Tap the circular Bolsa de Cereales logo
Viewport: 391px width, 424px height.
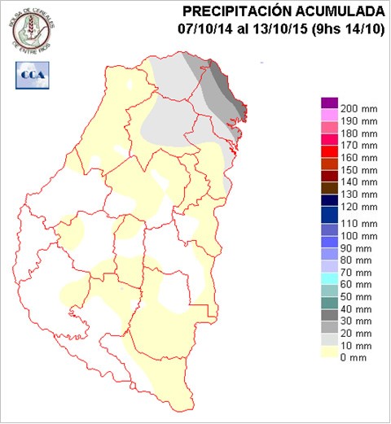coord(32,29)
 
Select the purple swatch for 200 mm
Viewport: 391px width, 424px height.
coord(329,103)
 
